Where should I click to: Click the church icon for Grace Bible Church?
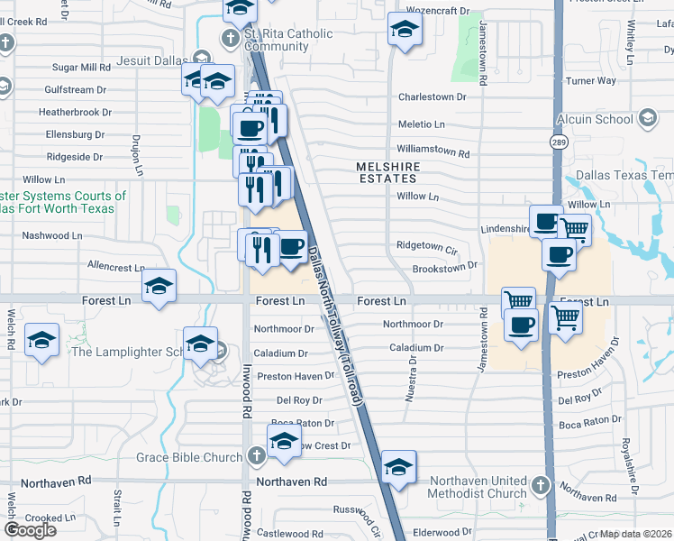(x=256, y=457)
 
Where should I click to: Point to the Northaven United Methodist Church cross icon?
(x=540, y=486)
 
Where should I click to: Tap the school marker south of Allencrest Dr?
(x=159, y=287)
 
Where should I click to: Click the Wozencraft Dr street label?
(x=441, y=11)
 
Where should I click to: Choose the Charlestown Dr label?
(x=433, y=96)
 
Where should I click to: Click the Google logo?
(x=30, y=530)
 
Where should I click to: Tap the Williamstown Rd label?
(x=433, y=153)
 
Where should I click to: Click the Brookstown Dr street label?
(x=444, y=268)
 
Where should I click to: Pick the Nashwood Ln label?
(x=52, y=235)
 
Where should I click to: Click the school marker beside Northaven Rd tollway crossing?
(x=397, y=466)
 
